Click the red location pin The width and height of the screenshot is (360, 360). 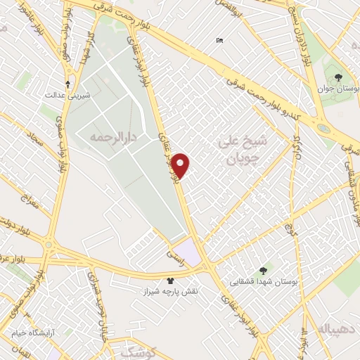point(181,165)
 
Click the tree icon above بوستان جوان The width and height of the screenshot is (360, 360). point(338,77)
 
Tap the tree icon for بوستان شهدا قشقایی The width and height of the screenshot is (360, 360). point(263,270)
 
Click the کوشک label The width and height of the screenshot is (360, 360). point(137,350)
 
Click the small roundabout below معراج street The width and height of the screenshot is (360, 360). point(49,245)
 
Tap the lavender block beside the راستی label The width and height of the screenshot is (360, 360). point(188,250)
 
